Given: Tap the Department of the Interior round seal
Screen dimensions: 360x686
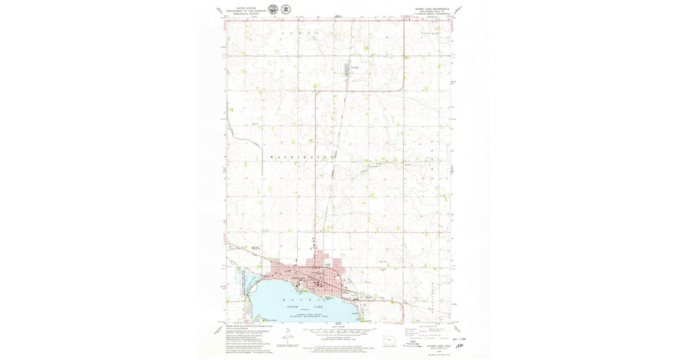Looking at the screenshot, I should (x=273, y=10).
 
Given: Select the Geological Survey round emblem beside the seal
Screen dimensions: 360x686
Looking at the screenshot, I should (x=285, y=10).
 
